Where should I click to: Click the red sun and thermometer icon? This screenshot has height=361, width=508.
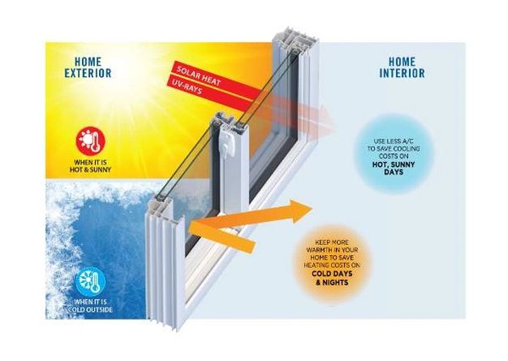(x=87, y=141)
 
